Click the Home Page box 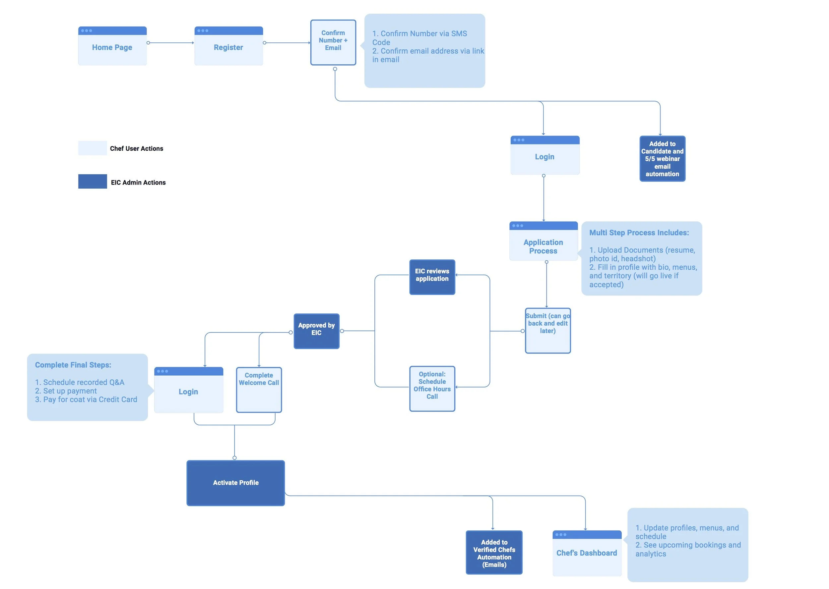click(112, 46)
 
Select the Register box click(228, 46)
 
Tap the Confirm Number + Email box click(333, 42)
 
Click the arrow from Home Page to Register click(170, 43)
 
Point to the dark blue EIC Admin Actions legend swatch click(92, 181)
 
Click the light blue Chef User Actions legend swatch click(92, 148)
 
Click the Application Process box click(543, 241)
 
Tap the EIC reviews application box click(432, 277)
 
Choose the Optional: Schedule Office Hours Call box click(432, 389)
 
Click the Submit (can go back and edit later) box click(548, 330)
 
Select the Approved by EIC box click(316, 331)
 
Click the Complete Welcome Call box click(259, 390)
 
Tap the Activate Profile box click(235, 483)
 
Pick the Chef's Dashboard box click(587, 553)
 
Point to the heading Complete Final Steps click(73, 365)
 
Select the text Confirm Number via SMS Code click(419, 38)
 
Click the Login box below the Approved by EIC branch click(188, 390)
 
